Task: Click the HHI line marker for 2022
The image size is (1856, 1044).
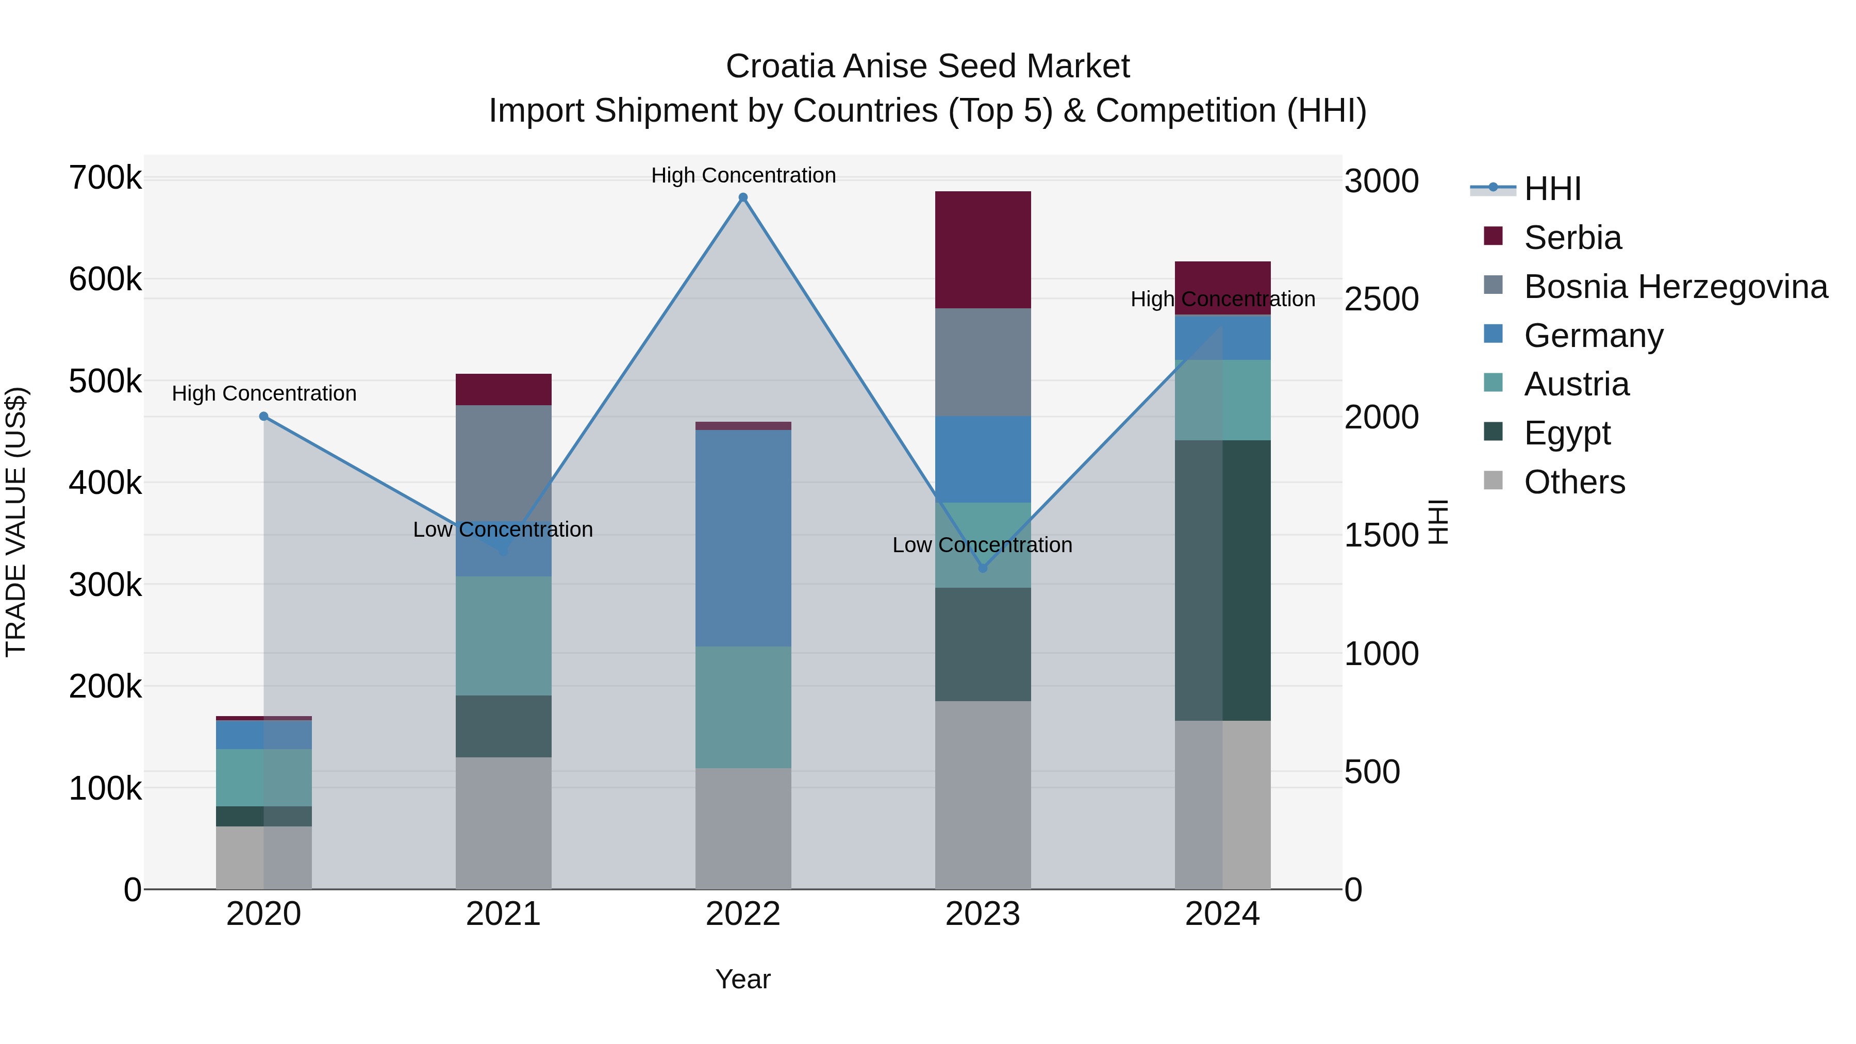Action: (x=743, y=197)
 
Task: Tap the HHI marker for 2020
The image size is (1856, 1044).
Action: (x=263, y=417)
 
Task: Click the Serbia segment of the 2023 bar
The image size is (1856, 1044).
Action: (x=983, y=250)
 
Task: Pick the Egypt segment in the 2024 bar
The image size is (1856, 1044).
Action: (x=1223, y=580)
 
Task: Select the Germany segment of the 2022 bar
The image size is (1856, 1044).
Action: (x=743, y=538)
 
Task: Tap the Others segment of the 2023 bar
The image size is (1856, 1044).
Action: (x=983, y=794)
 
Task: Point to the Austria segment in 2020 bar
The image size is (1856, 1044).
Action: (x=263, y=777)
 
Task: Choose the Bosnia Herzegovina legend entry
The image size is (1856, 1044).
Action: (x=1675, y=287)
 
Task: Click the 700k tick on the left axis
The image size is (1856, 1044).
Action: (x=105, y=178)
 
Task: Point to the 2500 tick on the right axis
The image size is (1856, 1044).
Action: (x=1381, y=299)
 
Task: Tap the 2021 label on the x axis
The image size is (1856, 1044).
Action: (x=504, y=914)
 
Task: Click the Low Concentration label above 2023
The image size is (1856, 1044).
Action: (x=982, y=545)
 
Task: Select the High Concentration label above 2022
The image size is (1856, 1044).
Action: (x=743, y=176)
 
